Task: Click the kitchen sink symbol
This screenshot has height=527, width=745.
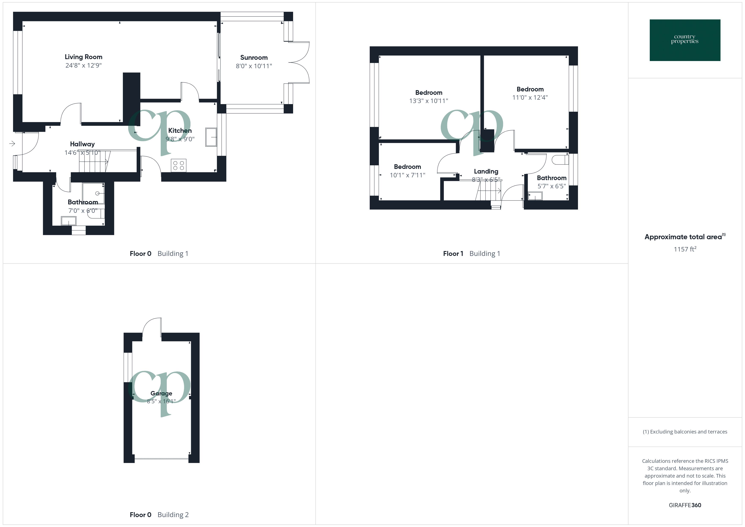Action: pos(211,137)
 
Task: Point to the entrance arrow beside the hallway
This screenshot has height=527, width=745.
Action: pos(12,143)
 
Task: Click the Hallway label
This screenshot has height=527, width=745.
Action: pos(82,144)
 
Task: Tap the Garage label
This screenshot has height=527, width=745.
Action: pos(161,393)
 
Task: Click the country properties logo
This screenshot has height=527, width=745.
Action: pos(685,40)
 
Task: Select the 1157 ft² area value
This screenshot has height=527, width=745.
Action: pos(685,249)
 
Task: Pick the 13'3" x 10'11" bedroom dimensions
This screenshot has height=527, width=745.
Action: pos(428,101)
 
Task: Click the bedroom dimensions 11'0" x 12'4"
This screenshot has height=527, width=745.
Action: pos(530,97)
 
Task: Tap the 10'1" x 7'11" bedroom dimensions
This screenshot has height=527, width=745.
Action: pos(407,175)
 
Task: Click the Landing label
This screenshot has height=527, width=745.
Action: pos(486,171)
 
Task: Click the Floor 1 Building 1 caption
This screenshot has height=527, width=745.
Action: pos(472,254)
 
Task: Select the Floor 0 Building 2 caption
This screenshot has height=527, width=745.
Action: pos(159,515)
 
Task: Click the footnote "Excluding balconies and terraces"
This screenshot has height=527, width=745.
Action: pos(685,432)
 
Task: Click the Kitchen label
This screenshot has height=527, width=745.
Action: pos(180,130)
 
